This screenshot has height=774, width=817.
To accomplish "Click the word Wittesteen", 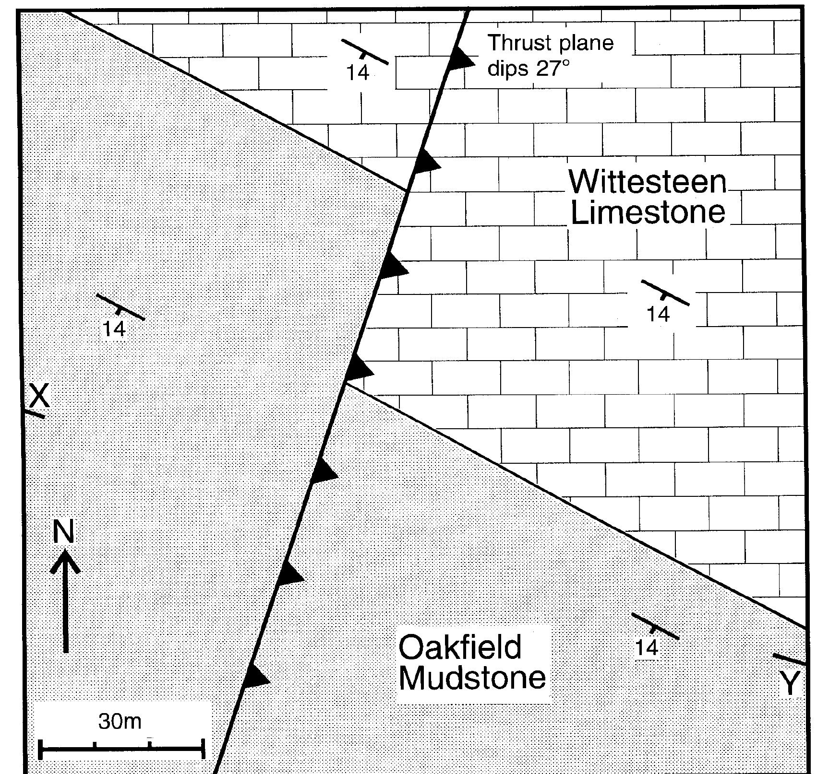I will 648,182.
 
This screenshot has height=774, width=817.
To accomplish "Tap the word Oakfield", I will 459,646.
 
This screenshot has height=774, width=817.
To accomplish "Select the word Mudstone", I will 472,678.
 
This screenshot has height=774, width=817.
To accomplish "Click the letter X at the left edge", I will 39,396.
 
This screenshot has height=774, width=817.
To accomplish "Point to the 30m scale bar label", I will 120,721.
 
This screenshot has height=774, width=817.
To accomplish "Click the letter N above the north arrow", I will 63,532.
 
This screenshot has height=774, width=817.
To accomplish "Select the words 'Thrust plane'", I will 551,43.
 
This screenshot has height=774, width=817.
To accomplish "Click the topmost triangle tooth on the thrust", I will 460,60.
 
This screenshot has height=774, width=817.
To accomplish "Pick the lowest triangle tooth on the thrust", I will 254,678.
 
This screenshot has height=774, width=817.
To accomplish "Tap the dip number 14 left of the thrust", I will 114,329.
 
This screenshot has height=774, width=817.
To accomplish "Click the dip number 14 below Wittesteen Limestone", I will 658,314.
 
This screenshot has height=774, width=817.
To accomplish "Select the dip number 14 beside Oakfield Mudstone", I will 647,648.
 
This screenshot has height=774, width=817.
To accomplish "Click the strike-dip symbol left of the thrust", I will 120,307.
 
